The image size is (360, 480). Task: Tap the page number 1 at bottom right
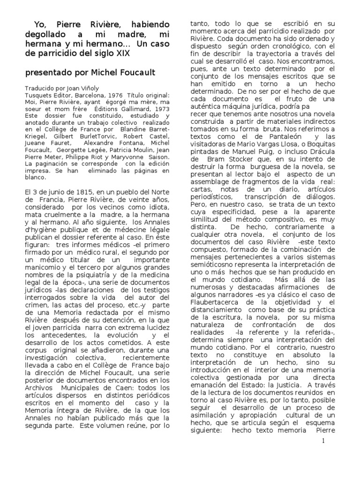323,441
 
